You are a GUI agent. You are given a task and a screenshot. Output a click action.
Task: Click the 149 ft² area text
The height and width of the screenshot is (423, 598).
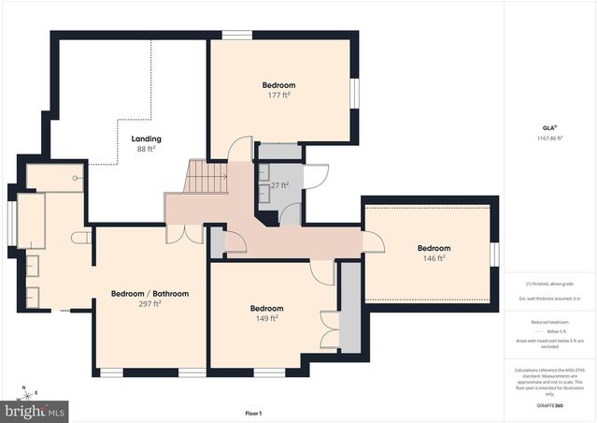click(x=265, y=318)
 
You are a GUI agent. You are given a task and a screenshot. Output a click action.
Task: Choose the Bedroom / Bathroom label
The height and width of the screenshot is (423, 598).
click(x=149, y=294)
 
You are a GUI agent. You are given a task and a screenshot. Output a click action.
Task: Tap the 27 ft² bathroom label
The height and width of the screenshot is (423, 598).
click(x=278, y=185)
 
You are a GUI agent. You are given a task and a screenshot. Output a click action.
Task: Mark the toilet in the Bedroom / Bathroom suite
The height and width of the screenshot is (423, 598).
click(x=82, y=238)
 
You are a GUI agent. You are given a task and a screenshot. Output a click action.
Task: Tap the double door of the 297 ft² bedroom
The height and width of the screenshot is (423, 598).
click(x=194, y=233)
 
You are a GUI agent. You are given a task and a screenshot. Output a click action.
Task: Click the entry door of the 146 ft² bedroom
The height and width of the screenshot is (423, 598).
click(x=373, y=242)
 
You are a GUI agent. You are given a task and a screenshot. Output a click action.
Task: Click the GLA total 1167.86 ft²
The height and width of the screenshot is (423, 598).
click(x=551, y=138)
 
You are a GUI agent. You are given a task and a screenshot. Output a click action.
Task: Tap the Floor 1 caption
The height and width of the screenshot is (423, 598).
click(x=253, y=413)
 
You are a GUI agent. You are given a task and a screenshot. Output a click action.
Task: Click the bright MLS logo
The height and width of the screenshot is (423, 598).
click(x=35, y=410)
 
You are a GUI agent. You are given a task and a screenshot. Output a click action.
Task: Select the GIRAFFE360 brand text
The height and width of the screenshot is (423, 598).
click(x=551, y=406)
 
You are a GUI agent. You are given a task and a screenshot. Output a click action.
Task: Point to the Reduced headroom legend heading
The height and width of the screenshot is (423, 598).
click(x=551, y=320)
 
